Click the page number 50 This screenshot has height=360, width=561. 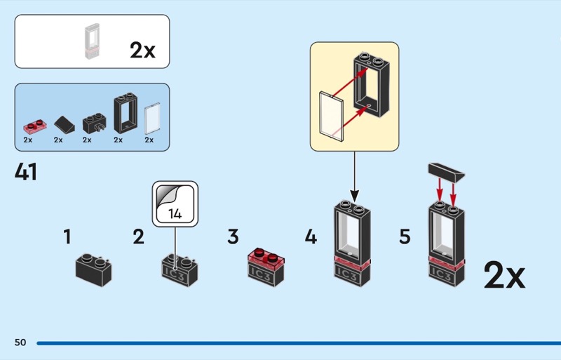click(20, 342)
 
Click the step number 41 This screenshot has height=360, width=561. click(26, 172)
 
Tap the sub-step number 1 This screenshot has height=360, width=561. click(67, 237)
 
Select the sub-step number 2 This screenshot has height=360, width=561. click(139, 237)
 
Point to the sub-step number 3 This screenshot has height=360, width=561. click(233, 237)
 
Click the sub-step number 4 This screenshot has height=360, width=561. click(311, 237)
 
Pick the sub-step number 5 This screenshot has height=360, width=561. click(405, 237)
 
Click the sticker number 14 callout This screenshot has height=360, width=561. click(175, 204)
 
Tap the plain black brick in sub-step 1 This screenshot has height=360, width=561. click(94, 270)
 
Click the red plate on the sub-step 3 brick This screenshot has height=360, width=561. click(265, 258)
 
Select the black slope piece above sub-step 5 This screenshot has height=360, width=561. click(445, 171)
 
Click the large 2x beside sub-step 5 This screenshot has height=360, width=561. click(503, 276)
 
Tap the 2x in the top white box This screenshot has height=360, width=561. click(142, 50)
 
